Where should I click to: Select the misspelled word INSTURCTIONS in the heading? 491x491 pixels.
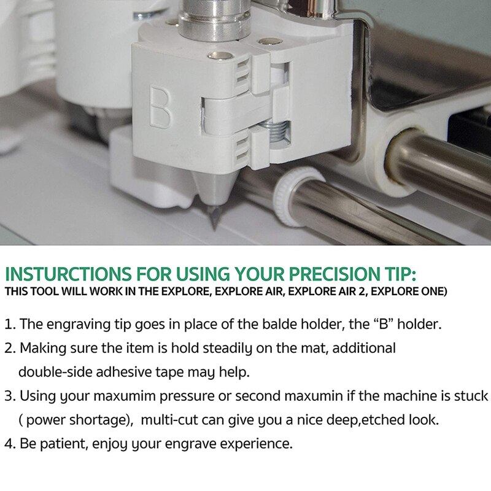(x=66, y=274)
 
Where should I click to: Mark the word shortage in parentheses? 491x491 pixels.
(x=93, y=420)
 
